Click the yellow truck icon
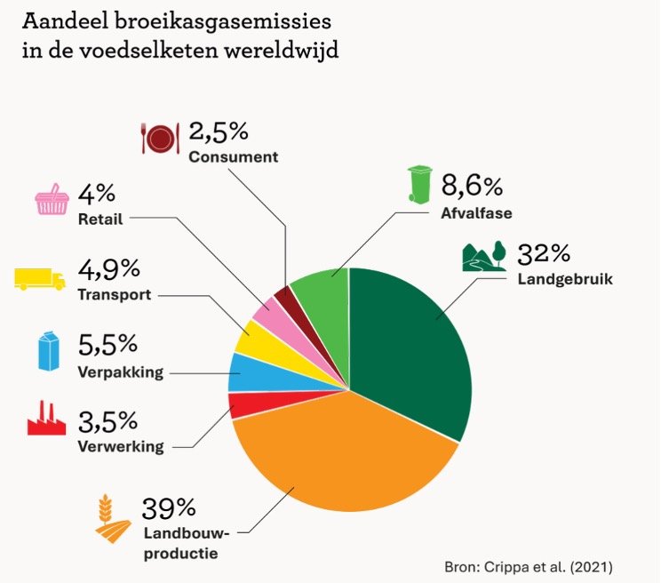(40, 277)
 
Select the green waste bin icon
(418, 183)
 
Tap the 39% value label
(169, 508)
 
